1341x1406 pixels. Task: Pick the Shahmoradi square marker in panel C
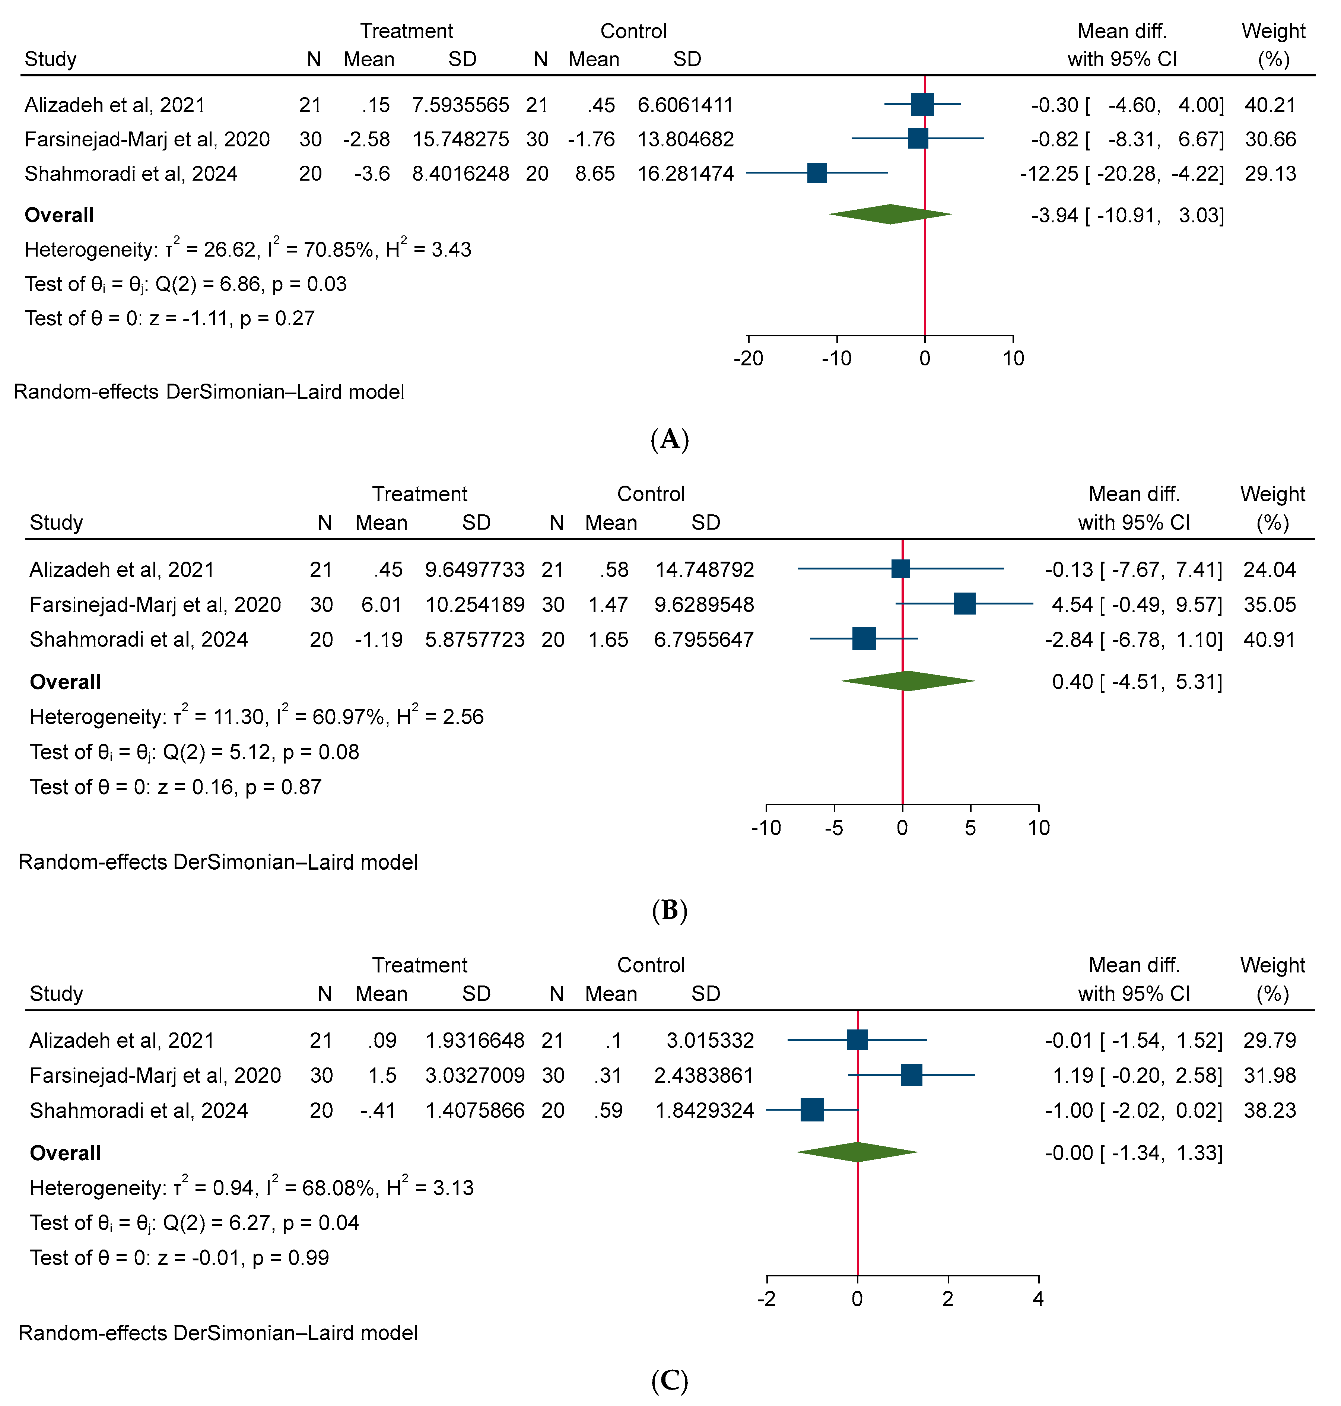pos(812,1110)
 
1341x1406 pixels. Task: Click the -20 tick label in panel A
pos(749,358)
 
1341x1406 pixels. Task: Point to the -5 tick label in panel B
pos(834,828)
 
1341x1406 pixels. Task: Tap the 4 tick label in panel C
pos(1038,1298)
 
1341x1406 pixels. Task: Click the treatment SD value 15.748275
pos(460,139)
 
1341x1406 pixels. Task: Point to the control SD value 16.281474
pos(686,174)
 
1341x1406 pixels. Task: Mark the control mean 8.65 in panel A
pos(595,174)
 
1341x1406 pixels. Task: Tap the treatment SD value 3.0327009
pos(475,1075)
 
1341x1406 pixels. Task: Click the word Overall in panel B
pos(65,682)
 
